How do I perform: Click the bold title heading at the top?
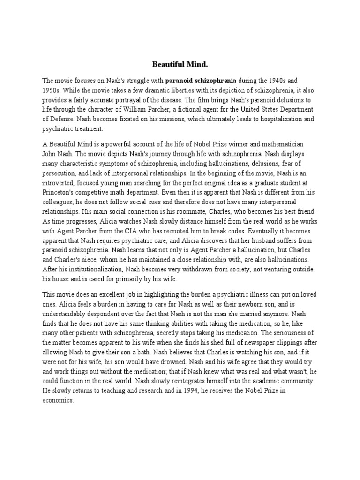(x=180, y=64)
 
